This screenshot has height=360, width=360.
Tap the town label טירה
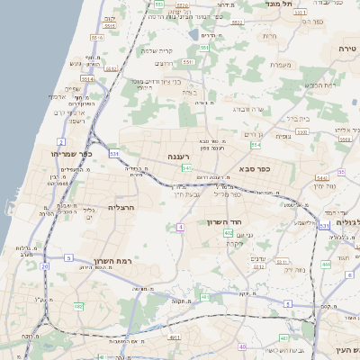point(347,48)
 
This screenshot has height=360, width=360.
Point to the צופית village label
point(283,136)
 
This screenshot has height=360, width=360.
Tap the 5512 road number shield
point(111,67)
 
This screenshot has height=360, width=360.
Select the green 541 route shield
point(186,168)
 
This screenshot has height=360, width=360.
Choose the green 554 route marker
point(256,144)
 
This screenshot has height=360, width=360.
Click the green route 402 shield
point(229,233)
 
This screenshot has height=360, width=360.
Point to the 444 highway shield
point(326,265)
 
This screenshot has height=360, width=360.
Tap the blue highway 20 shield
point(45,266)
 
